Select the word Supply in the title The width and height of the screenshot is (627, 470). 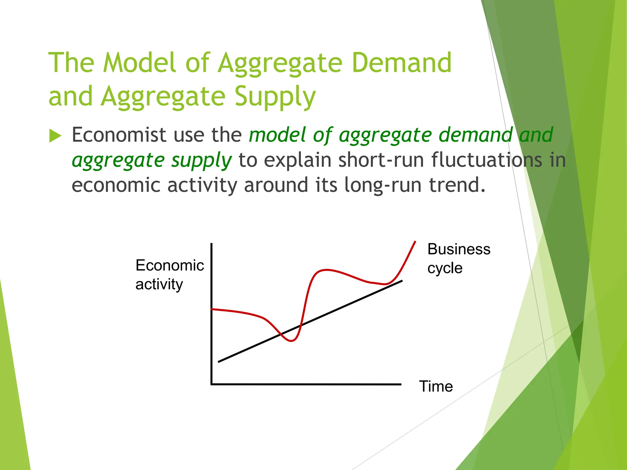coord(275,97)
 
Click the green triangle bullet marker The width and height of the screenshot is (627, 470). coord(55,136)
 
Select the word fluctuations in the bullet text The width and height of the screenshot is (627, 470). coord(487,160)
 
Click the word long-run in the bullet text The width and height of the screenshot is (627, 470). coord(383,185)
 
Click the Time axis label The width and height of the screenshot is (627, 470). coord(436,386)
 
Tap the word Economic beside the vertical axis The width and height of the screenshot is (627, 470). coord(170,265)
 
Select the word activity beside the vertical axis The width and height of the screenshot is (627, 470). coord(159,285)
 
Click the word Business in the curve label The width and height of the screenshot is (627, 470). coord(459,249)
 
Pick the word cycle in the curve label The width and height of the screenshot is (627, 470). coord(445,268)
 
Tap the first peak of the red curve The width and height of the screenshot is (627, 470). coord(326,270)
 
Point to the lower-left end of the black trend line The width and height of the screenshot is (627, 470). coord(219,362)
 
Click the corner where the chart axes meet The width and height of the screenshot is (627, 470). coord(212,384)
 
